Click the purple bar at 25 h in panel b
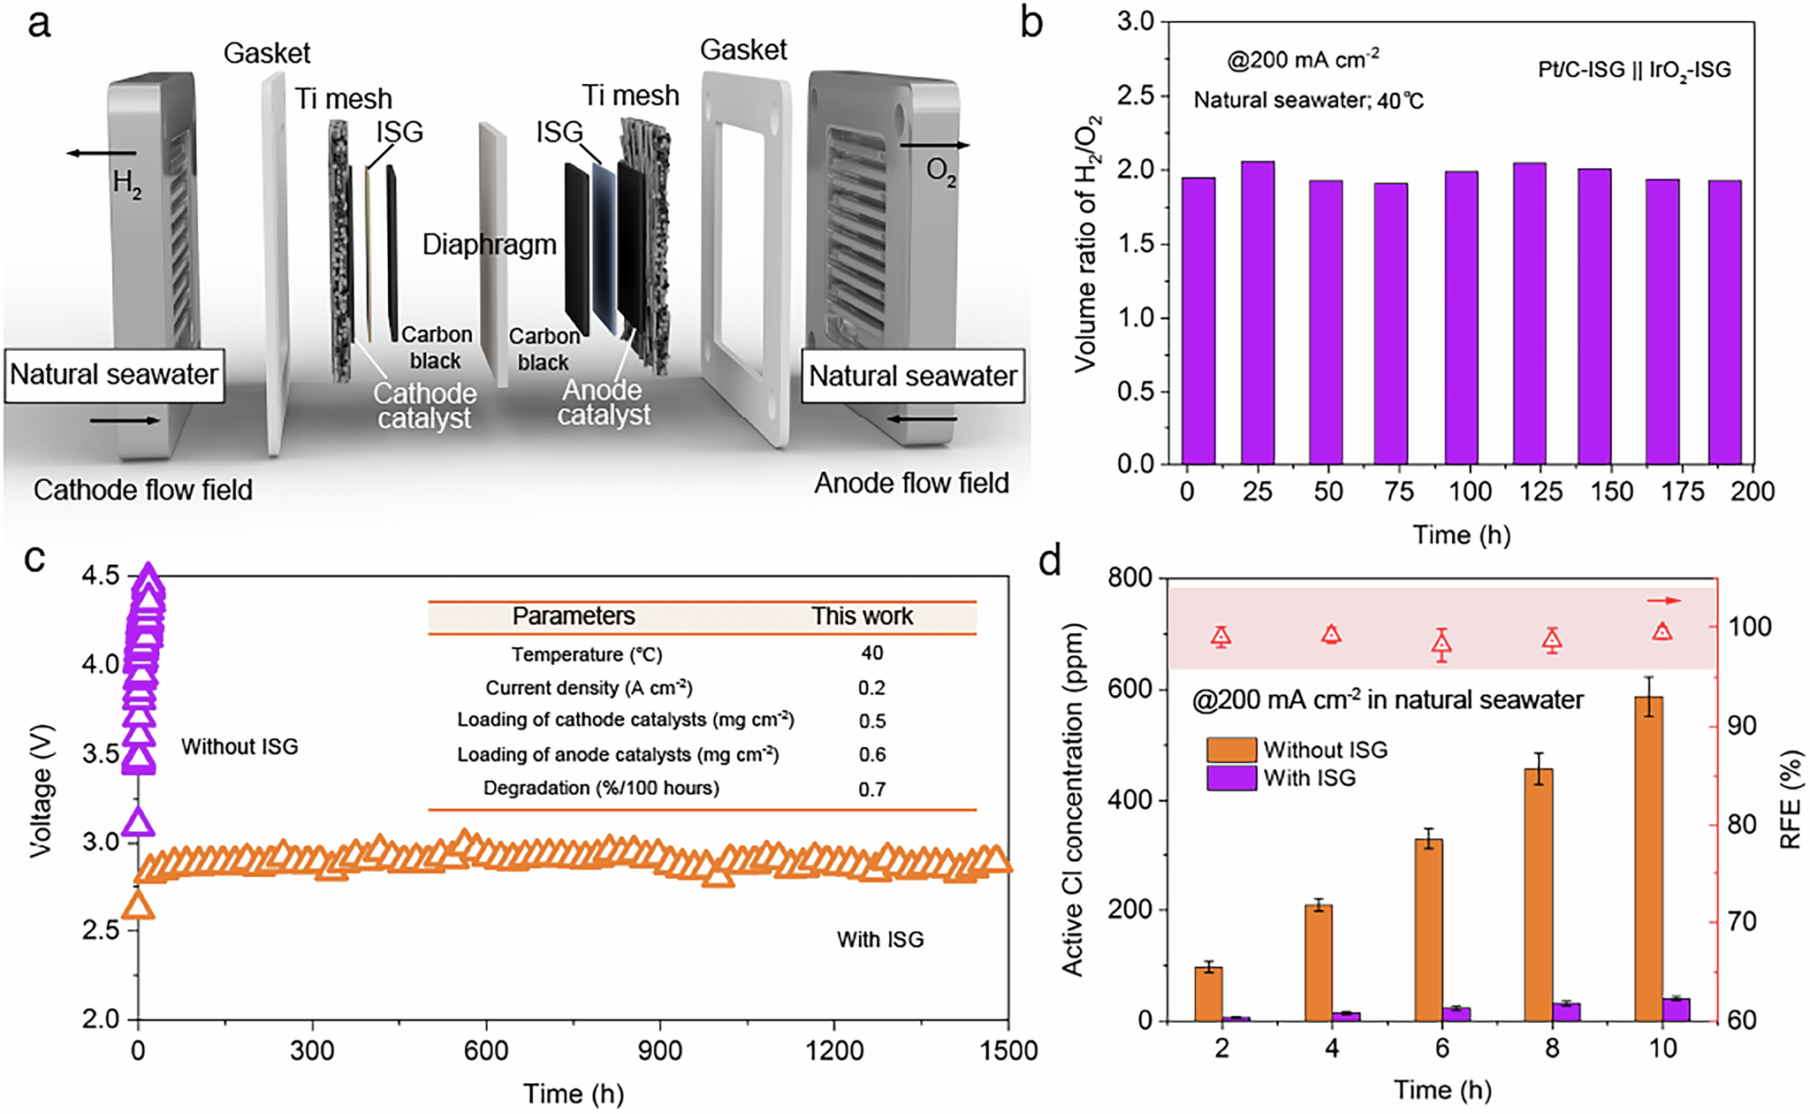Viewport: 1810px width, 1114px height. tap(1258, 313)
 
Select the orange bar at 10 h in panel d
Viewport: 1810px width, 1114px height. tap(1649, 858)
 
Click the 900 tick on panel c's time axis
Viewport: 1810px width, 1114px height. tap(660, 1050)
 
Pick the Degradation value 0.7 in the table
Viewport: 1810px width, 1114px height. tap(871, 789)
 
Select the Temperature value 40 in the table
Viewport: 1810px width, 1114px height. tap(871, 653)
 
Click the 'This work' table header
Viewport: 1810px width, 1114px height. tap(862, 616)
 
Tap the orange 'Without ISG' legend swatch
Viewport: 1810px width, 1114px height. tap(1231, 750)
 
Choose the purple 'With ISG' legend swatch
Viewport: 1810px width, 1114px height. tap(1231, 778)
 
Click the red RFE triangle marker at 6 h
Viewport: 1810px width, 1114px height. tap(1441, 645)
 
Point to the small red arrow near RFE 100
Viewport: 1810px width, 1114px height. tap(1663, 601)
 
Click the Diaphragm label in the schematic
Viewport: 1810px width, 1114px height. tap(489, 245)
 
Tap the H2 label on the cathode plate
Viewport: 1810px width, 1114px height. tap(126, 184)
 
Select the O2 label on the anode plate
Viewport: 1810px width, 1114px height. tap(940, 171)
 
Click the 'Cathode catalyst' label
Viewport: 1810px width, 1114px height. tap(424, 406)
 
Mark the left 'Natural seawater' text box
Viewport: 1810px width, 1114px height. tap(114, 375)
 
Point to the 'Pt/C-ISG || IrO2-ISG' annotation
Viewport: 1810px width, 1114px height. tap(1634, 70)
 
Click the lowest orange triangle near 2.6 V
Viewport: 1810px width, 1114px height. tap(139, 905)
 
